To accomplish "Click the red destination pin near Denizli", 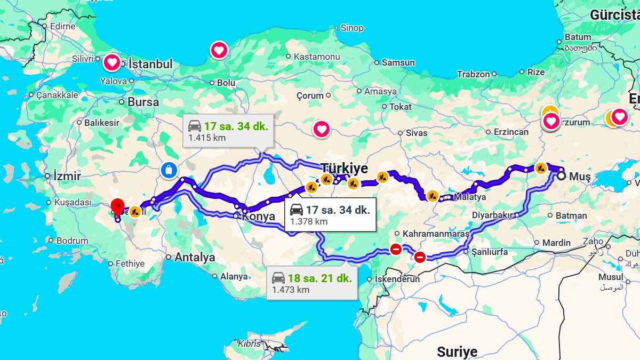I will [x=117, y=206].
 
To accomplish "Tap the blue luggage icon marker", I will [x=168, y=171].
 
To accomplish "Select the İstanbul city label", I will [x=150, y=64].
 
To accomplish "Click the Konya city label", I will [x=259, y=217].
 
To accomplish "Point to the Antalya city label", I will [x=195, y=257].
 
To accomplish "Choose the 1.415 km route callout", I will [x=228, y=131].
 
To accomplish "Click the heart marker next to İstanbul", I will [x=111, y=63].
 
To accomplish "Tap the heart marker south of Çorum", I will [x=321, y=129].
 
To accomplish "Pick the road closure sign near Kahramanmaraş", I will [x=396, y=249].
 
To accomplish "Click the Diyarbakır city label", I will [x=492, y=215].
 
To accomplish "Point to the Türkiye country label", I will [x=345, y=169].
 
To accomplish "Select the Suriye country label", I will [x=457, y=351].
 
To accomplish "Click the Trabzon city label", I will [x=473, y=74].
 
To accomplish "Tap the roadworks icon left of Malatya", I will [x=433, y=196].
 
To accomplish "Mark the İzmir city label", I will [x=67, y=176].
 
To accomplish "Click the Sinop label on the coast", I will [x=352, y=28].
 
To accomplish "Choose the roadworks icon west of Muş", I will [x=541, y=168].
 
